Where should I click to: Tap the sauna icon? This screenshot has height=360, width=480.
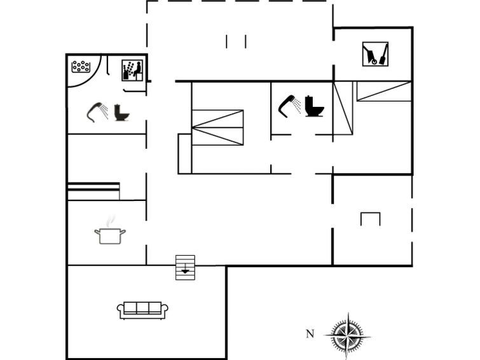[132, 69]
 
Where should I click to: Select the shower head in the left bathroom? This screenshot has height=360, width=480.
[97, 112]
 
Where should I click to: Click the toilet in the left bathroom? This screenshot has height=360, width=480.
[121, 113]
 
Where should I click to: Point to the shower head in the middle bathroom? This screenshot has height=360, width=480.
[288, 105]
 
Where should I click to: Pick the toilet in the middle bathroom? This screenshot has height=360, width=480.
[313, 106]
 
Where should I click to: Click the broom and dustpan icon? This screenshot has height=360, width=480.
[375, 54]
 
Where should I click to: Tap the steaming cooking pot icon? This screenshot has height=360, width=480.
[110, 233]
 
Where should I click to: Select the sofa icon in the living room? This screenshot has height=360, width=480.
[142, 310]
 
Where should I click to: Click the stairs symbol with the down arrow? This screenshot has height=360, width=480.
[185, 267]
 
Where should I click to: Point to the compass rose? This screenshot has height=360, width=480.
[348, 333]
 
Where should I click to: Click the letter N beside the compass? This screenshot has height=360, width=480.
[310, 333]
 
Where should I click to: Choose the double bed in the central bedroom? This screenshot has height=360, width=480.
[218, 127]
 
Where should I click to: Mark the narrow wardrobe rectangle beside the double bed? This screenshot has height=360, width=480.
[185, 153]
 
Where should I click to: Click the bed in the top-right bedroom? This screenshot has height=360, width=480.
[383, 91]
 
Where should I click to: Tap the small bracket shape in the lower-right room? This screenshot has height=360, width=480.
[370, 219]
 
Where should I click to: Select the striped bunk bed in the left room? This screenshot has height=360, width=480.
[93, 191]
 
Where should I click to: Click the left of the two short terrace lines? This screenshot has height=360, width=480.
[226, 42]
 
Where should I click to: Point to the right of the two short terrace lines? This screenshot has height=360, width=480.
[245, 42]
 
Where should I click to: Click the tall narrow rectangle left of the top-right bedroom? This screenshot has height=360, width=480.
[343, 108]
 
